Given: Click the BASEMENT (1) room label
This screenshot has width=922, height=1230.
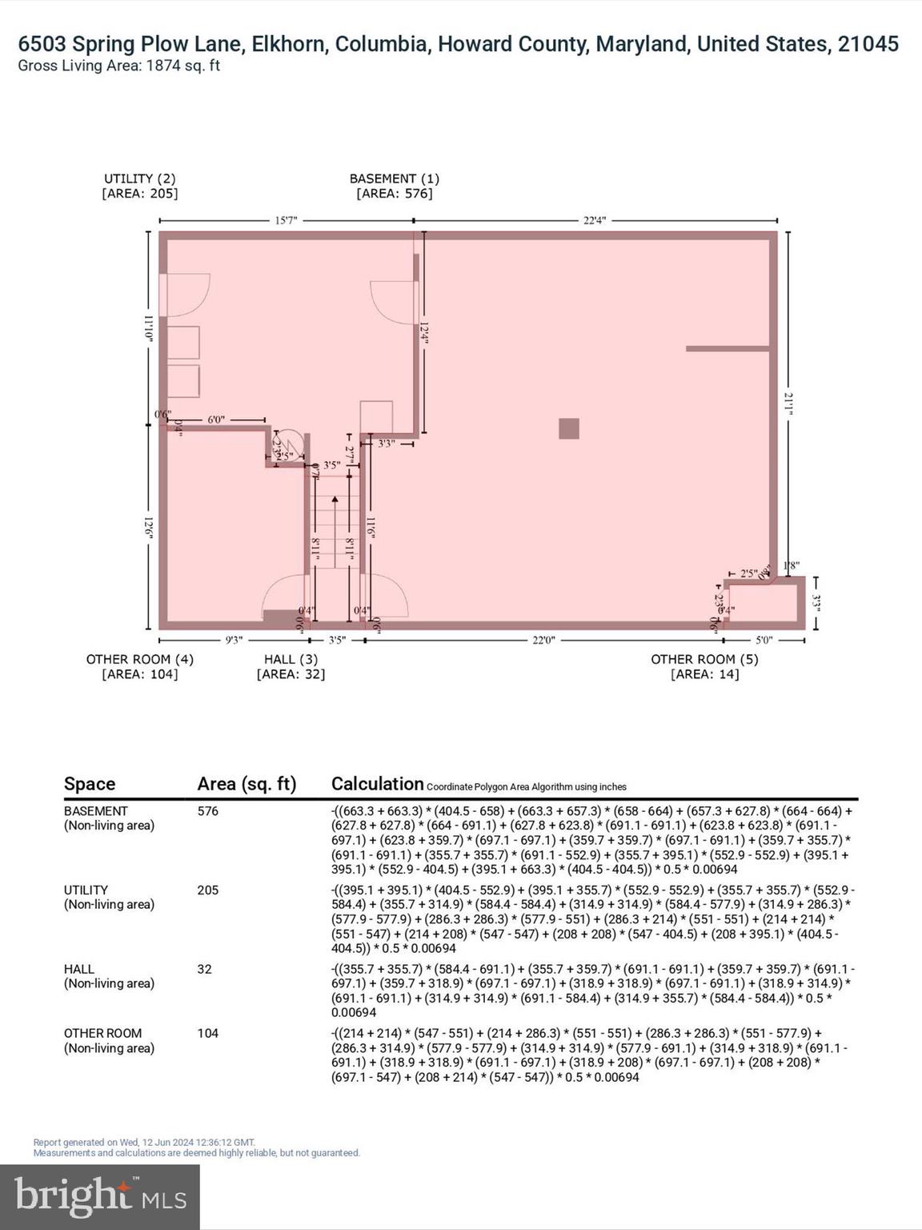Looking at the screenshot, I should [394, 179].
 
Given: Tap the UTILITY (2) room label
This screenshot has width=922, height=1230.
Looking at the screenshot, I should [140, 179].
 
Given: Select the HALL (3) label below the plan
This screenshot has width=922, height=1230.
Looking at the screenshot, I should [291, 659].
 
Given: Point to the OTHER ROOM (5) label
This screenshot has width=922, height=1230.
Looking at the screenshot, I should [704, 659].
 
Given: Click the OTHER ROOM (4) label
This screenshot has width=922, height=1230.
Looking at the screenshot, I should [140, 659].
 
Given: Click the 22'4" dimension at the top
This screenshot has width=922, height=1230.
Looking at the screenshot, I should [594, 220].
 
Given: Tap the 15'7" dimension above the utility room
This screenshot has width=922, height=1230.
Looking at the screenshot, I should [286, 220].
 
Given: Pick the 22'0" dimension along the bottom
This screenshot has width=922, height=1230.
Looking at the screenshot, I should [543, 640].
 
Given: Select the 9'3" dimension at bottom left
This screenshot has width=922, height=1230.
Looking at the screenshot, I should [234, 640].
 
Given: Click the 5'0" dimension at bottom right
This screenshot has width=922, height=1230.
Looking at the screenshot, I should [764, 640].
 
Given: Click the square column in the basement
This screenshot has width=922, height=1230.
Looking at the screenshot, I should [568, 428].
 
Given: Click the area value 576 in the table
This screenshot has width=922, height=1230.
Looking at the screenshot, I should [208, 811].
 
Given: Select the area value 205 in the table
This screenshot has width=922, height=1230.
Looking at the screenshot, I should [208, 890].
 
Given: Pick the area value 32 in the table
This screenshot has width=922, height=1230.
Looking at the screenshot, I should [205, 969].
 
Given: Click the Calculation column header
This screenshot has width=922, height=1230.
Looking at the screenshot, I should [377, 784].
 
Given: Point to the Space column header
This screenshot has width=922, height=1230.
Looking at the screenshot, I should [90, 784].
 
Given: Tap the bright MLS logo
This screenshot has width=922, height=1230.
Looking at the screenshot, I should [100, 1197].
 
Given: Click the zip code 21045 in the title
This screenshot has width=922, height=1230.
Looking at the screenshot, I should [868, 44].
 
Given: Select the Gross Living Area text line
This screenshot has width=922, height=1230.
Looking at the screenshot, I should [119, 66].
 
